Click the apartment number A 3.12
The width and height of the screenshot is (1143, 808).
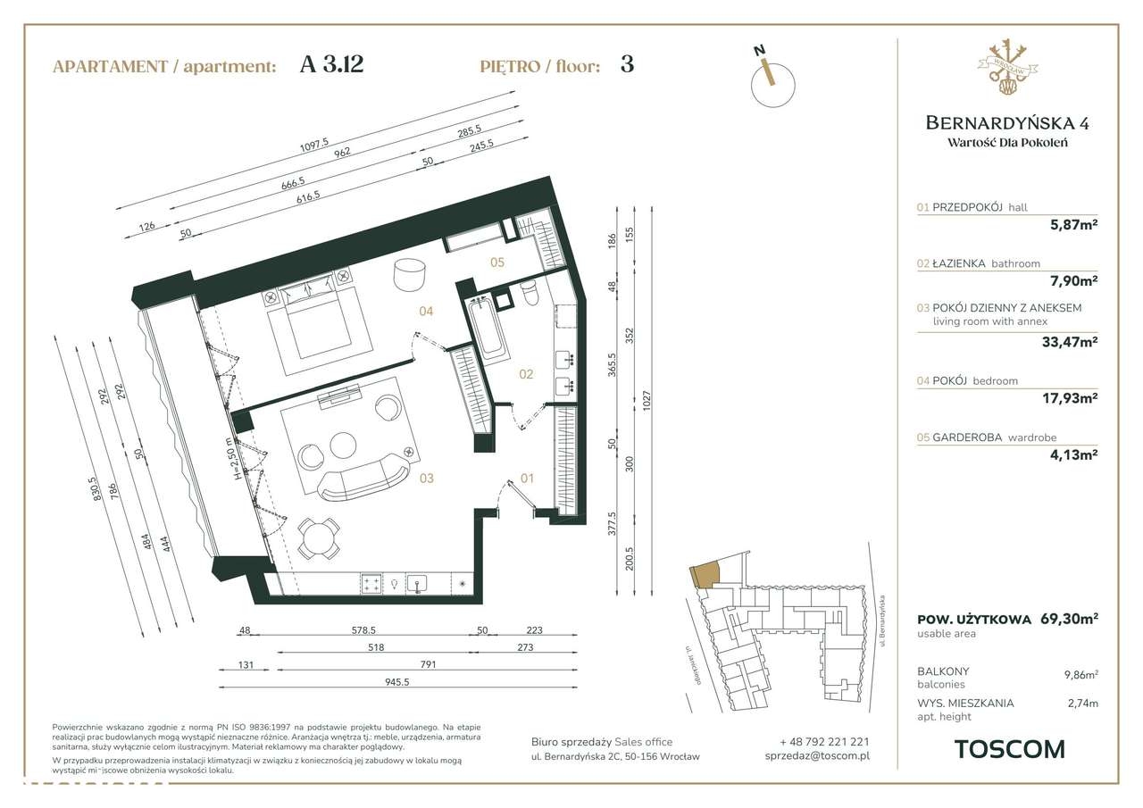pyautogui.click(x=331, y=65)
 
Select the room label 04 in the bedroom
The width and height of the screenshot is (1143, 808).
pyautogui.click(x=426, y=312)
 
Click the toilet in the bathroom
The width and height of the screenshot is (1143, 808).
pyautogui.click(x=528, y=292)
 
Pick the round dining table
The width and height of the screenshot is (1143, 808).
pyautogui.click(x=318, y=538)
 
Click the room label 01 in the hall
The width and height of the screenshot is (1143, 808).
pyautogui.click(x=527, y=479)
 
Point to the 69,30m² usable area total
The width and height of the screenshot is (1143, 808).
pyautogui.click(x=1069, y=619)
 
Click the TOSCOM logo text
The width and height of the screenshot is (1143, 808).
pyautogui.click(x=1009, y=749)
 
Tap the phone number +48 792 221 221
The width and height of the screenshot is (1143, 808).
pyautogui.click(x=823, y=741)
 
